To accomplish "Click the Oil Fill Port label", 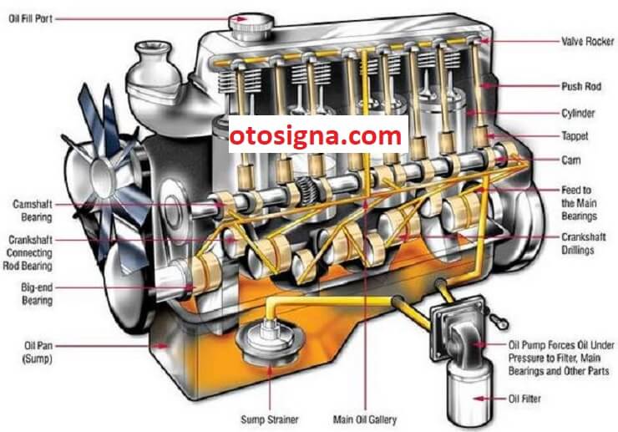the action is coord(30,18).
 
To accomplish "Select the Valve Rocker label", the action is coord(588,41).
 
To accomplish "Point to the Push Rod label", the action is coord(581,86).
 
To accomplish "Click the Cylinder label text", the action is coord(578,114).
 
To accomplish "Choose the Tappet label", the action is coord(575,136).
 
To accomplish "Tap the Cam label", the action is coord(570,160).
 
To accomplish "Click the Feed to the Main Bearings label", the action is coord(579,203).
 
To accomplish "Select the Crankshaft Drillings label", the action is coord(583,243).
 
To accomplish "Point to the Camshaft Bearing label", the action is coord(33,211).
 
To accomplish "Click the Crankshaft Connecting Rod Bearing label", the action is coord(28,253).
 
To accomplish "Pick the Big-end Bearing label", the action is coord(37,294).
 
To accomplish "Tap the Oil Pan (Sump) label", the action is coord(38,353).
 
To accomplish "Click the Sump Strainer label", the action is coord(270,419).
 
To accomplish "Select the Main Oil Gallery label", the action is coord(365,419).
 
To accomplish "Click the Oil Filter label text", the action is coord(524,399).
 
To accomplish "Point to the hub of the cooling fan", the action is coord(104,176).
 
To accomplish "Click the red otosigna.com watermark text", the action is coord(316,136).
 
